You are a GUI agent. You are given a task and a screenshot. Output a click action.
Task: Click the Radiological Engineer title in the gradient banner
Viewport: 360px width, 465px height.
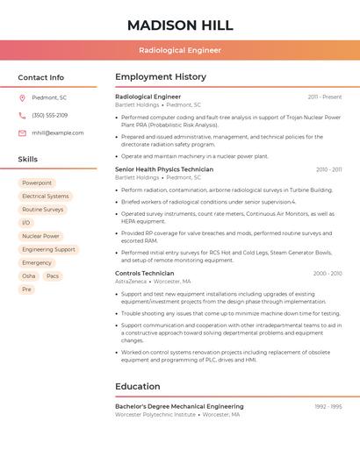click(180, 50)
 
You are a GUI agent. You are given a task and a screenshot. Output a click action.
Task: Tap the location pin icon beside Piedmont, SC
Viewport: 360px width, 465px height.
click(22, 97)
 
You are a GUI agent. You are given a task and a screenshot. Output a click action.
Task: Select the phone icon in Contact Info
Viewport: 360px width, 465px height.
click(22, 115)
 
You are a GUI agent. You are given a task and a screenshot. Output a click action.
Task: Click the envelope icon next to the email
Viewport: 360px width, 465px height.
click(22, 132)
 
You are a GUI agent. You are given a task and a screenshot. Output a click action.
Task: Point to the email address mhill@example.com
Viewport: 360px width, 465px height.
click(58, 132)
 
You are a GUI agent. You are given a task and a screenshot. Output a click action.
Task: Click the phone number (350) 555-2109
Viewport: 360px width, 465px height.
click(50, 115)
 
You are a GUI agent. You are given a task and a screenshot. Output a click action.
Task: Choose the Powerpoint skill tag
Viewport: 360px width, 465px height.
click(37, 182)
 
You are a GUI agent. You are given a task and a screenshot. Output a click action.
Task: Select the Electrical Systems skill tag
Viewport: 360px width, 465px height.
click(46, 197)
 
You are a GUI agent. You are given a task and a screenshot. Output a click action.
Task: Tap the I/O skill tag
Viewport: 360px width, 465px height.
click(25, 223)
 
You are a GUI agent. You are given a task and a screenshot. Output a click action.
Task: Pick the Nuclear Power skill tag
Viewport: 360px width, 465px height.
click(40, 236)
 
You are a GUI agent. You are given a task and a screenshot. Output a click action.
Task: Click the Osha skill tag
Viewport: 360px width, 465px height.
click(29, 275)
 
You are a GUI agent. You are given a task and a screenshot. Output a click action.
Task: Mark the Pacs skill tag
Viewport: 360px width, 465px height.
click(53, 275)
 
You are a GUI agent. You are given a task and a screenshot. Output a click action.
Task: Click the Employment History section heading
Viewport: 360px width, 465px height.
click(161, 77)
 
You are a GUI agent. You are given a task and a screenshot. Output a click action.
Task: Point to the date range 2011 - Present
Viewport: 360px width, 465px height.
click(325, 97)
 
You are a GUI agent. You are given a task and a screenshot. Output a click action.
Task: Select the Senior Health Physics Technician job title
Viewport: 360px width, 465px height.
click(164, 169)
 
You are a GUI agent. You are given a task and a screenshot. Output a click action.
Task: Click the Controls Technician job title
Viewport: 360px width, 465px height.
click(145, 273)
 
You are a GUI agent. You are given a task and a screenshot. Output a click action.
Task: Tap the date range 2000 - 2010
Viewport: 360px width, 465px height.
click(328, 273)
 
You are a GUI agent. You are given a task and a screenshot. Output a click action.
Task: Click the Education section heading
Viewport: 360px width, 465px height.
click(138, 386)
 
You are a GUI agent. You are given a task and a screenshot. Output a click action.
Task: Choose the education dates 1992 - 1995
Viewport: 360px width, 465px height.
click(328, 406)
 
